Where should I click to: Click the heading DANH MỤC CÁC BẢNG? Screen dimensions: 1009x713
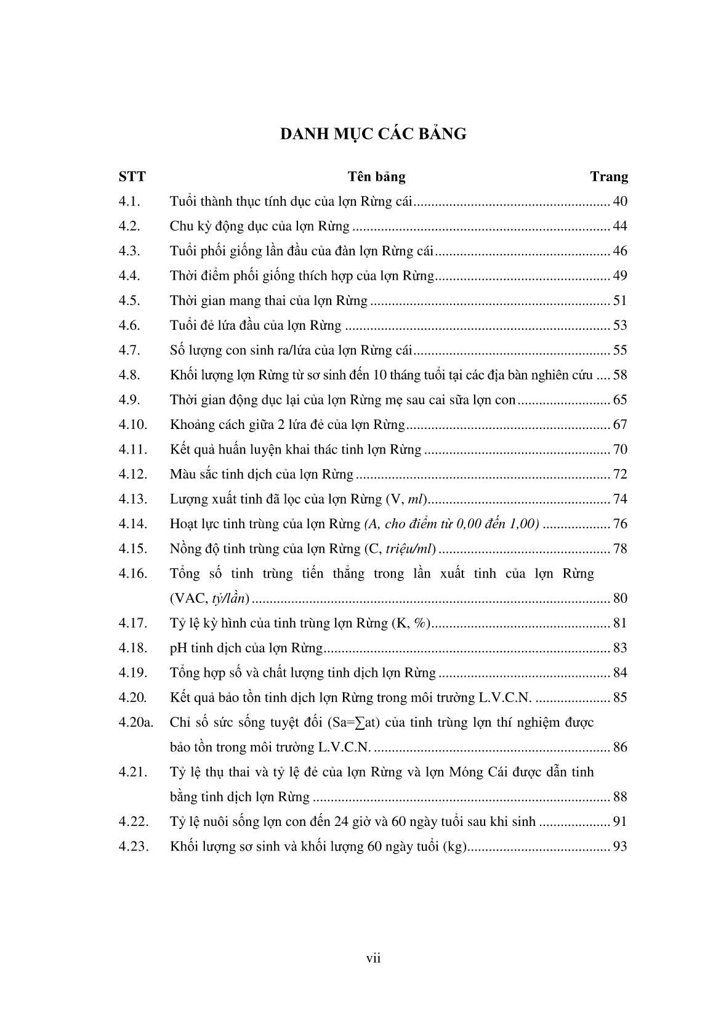point(373,134)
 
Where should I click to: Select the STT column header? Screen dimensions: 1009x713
point(132,177)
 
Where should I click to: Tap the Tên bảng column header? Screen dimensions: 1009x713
point(376,177)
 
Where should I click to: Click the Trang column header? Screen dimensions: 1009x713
point(609,177)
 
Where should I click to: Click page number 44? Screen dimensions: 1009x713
point(620,226)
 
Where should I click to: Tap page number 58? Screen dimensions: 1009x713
point(620,375)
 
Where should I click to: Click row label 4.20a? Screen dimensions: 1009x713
point(135,722)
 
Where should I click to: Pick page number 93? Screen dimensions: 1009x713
point(620,846)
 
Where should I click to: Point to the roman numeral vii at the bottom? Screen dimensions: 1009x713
point(373,958)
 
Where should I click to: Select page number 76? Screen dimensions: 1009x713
point(620,524)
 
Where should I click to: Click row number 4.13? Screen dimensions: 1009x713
point(132,499)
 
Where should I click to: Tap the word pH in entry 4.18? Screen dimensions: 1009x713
point(177,648)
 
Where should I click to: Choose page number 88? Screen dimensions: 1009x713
point(620,797)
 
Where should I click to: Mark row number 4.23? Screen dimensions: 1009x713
point(132,846)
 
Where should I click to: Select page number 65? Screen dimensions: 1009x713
point(620,400)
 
